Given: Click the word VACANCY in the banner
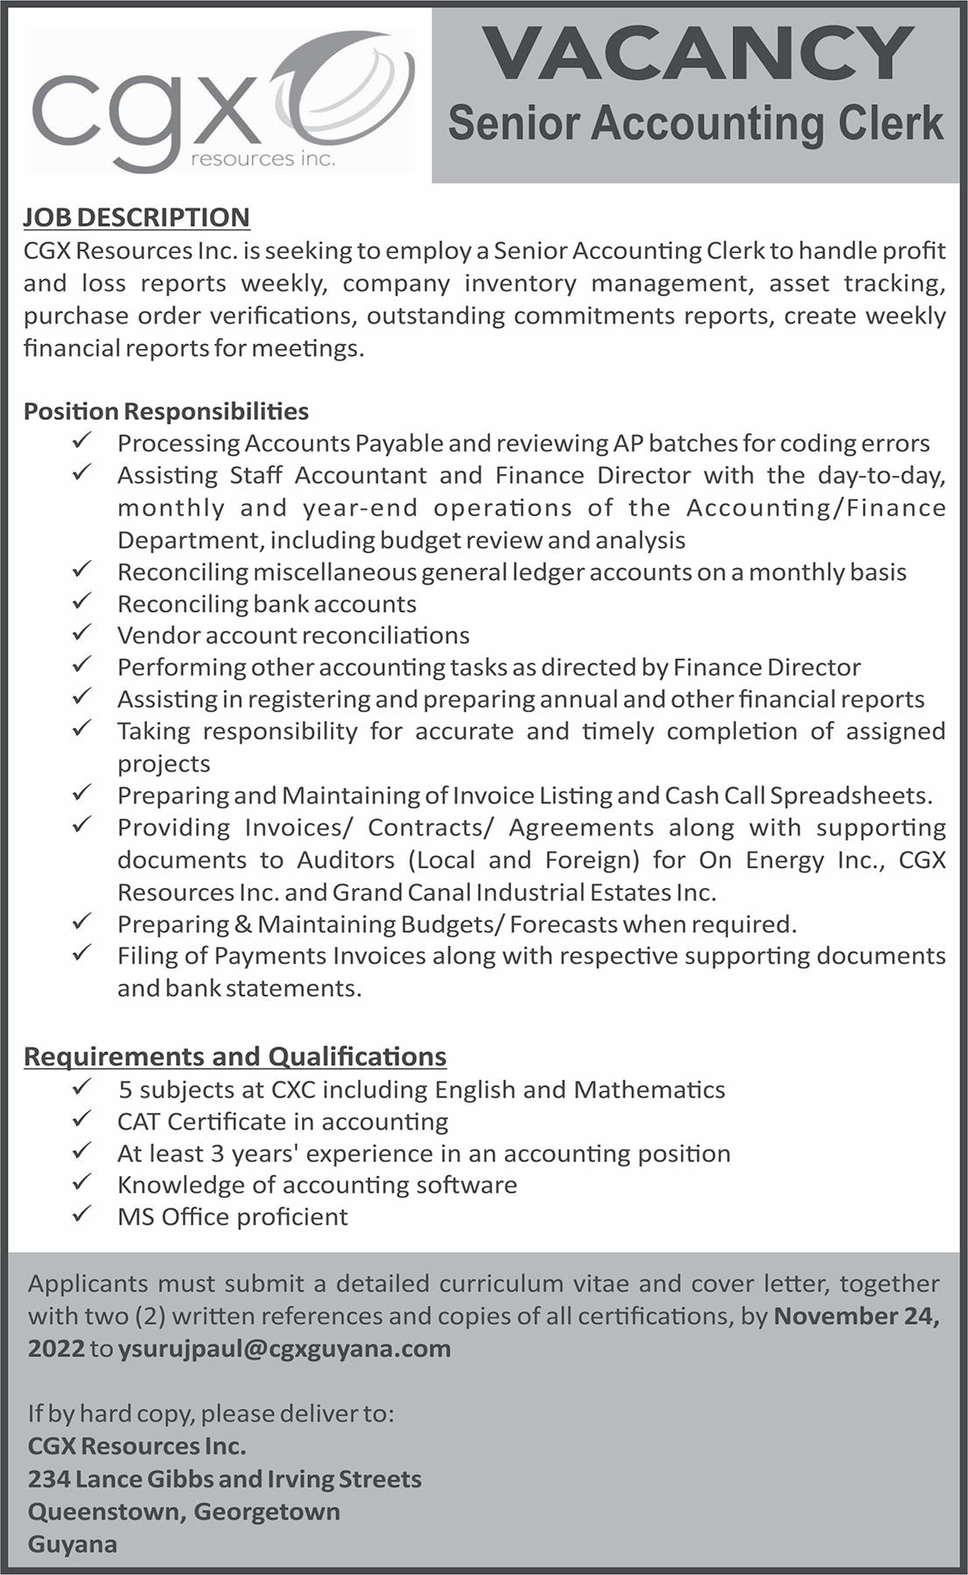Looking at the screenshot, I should [698, 54].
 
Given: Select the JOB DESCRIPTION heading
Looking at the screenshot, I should [137, 217].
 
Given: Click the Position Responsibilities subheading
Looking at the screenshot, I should [166, 410].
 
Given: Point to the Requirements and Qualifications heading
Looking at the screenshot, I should [235, 1056].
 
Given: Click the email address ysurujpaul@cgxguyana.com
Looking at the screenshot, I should [284, 1348].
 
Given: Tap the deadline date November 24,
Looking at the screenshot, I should [856, 1316].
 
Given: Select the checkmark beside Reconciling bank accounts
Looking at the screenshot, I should [82, 602].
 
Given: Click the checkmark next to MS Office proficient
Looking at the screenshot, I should [82, 1214].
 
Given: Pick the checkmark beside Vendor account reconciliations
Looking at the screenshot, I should [82, 633].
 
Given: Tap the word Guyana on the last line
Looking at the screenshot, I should [72, 1543].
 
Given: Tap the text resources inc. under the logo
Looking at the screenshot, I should [263, 159].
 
